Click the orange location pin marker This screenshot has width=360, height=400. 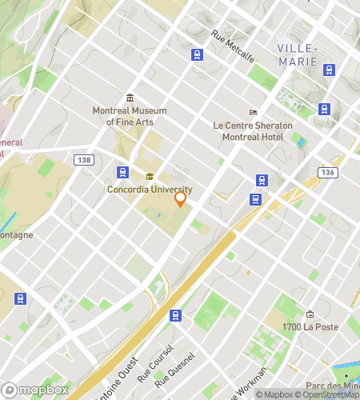[x=180, y=198]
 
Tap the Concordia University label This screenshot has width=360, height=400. [x=150, y=190]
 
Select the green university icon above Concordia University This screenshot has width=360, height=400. [x=149, y=178]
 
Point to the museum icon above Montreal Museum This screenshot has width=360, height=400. [x=130, y=98]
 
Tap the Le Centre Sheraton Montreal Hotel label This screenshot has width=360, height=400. [x=253, y=131]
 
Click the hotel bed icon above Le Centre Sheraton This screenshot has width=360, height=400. [x=253, y=112]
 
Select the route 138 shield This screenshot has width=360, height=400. [x=83, y=161]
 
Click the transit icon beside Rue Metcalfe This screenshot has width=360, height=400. [x=198, y=55]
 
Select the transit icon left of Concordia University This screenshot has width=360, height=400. [x=122, y=172]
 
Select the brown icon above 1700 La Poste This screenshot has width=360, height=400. [x=310, y=314]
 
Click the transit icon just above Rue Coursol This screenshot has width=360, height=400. [x=176, y=315]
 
